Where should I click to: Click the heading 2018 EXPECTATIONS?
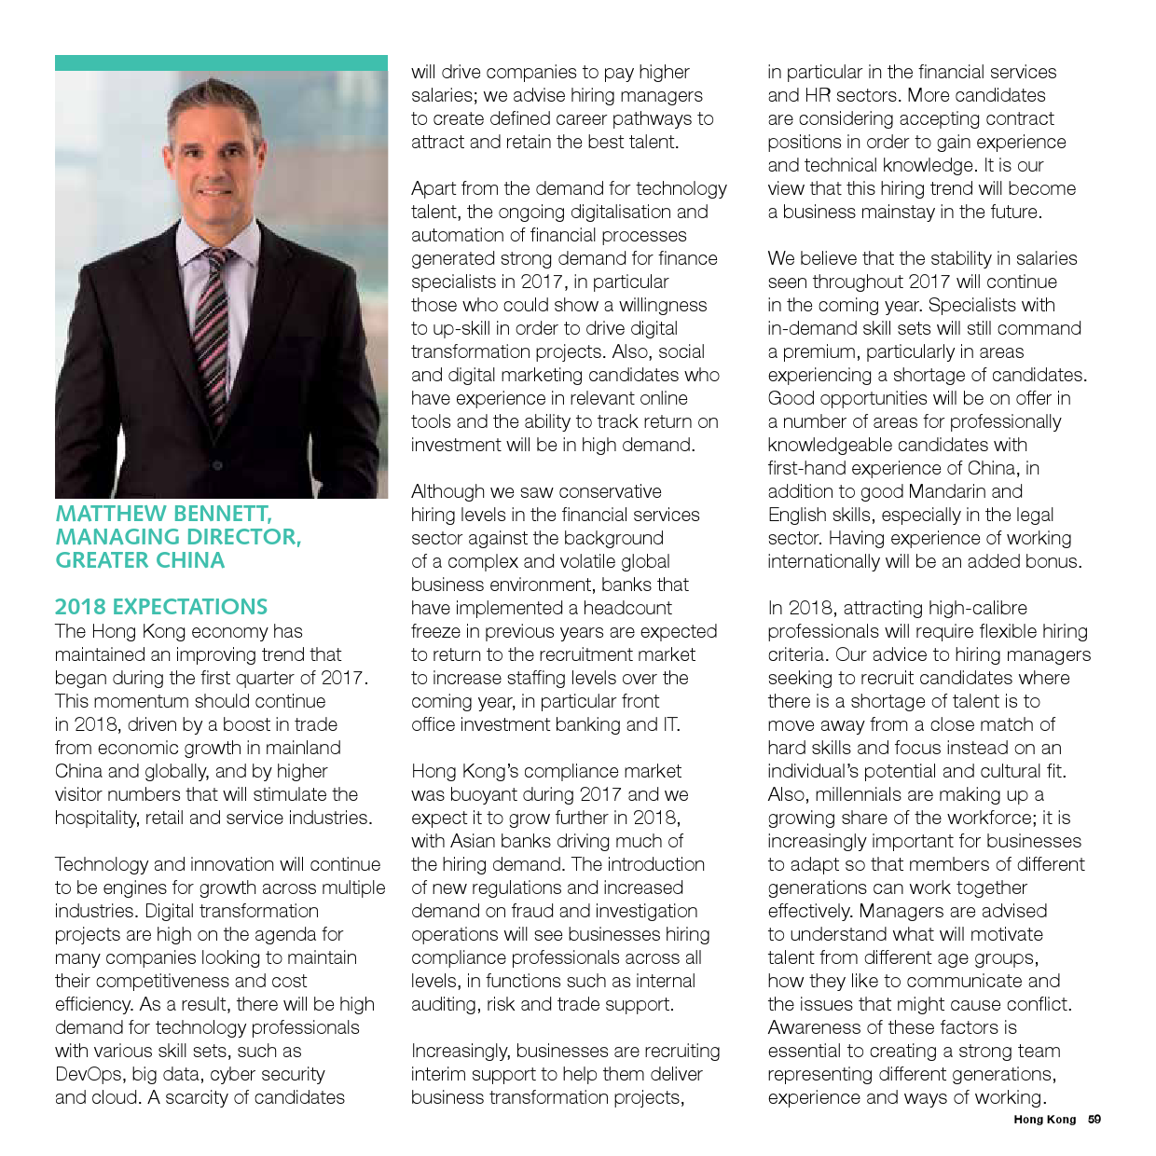point(161,607)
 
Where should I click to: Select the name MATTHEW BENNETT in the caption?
point(162,514)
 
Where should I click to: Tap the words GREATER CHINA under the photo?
point(140,560)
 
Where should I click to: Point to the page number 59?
point(1094,1120)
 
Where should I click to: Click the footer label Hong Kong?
point(1044,1120)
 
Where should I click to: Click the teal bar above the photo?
point(221,62)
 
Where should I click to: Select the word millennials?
point(858,794)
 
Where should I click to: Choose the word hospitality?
point(97,818)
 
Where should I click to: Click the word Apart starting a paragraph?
point(433,188)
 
